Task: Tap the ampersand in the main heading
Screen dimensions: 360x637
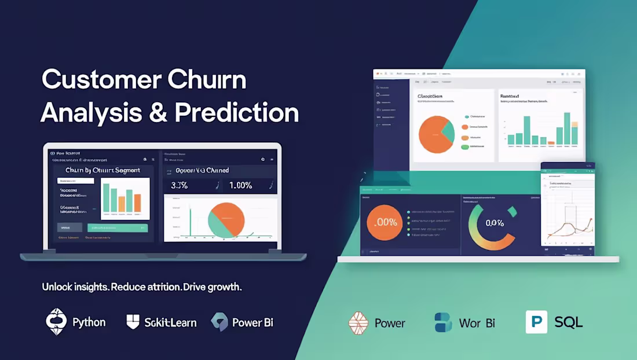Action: point(158,112)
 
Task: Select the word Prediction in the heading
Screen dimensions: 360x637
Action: point(237,112)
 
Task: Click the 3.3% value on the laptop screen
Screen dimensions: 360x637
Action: point(179,186)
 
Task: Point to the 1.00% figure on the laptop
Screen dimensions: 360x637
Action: point(240,186)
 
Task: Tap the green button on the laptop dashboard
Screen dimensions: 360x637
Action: point(118,228)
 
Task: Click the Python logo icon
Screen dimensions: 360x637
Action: point(57,322)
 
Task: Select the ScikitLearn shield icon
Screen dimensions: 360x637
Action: point(133,322)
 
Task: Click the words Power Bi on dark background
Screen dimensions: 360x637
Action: point(252,322)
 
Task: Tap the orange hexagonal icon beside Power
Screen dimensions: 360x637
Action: point(358,323)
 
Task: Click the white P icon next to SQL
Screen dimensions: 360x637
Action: point(536,322)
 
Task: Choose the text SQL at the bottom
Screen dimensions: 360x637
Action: point(568,322)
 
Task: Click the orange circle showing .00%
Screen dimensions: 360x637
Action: point(385,222)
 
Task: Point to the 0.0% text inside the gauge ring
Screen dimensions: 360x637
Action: point(495,223)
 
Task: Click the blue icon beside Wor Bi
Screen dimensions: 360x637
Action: point(443,322)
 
